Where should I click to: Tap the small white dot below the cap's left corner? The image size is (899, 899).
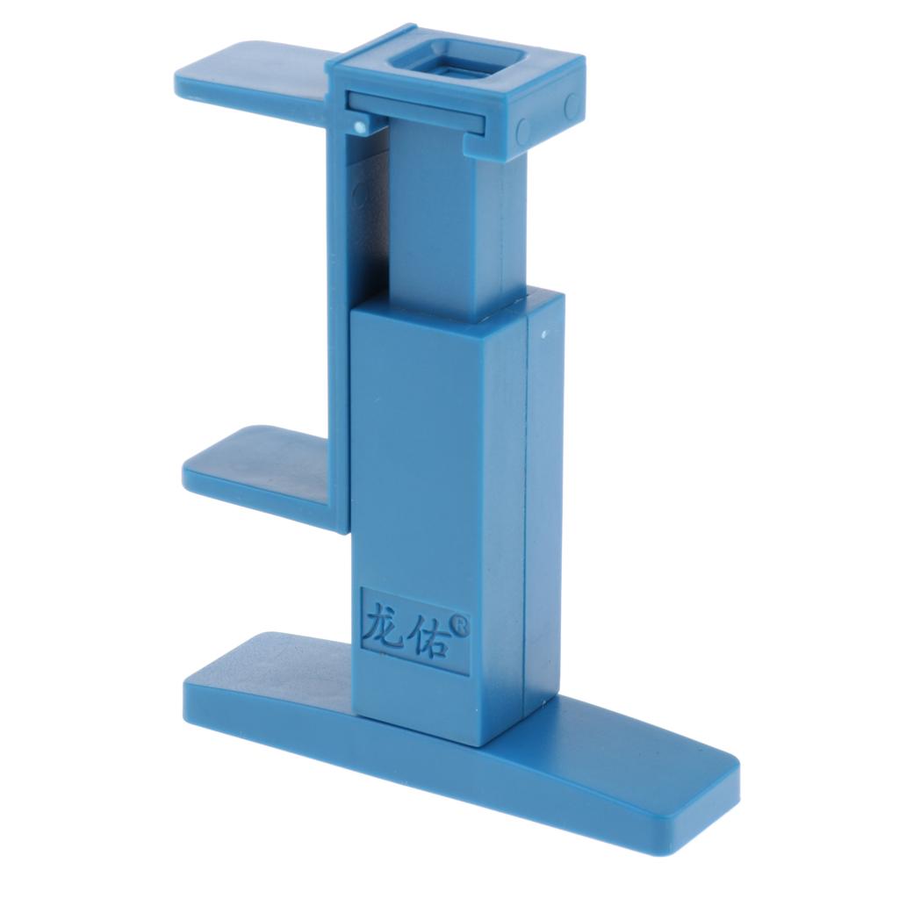pos(359,128)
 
